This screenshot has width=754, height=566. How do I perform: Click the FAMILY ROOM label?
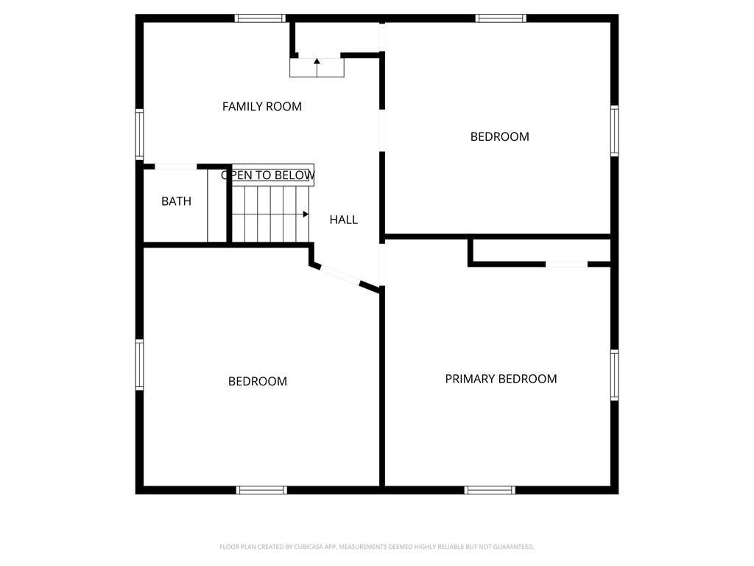click(x=262, y=106)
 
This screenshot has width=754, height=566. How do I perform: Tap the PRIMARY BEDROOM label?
click(x=501, y=380)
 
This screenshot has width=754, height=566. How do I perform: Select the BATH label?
click(x=177, y=201)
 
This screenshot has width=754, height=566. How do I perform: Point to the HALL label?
click(x=344, y=220)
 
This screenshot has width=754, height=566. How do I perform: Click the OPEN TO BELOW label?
click(x=268, y=175)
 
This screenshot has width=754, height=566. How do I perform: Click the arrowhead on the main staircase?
click(x=306, y=214)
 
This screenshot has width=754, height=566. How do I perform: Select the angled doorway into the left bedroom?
click(x=340, y=276)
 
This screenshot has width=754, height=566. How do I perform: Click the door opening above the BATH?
click(x=175, y=167)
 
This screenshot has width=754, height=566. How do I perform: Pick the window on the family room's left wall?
click(x=139, y=134)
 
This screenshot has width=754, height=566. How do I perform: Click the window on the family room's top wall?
click(x=260, y=18)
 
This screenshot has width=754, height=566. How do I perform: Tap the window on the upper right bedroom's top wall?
click(x=501, y=18)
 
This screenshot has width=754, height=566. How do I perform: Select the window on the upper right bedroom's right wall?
click(x=615, y=131)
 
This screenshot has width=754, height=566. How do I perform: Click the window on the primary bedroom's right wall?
click(x=615, y=375)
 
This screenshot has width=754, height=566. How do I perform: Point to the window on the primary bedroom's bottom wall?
click(x=490, y=490)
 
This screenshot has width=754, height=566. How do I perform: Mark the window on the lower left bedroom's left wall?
click(x=139, y=364)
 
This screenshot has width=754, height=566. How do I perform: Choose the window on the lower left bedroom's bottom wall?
click(x=261, y=490)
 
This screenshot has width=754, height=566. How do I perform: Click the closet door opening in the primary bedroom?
click(x=566, y=265)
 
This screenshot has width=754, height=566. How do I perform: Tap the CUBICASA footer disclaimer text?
click(x=376, y=547)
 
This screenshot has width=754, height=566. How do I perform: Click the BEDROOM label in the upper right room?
click(x=500, y=136)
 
